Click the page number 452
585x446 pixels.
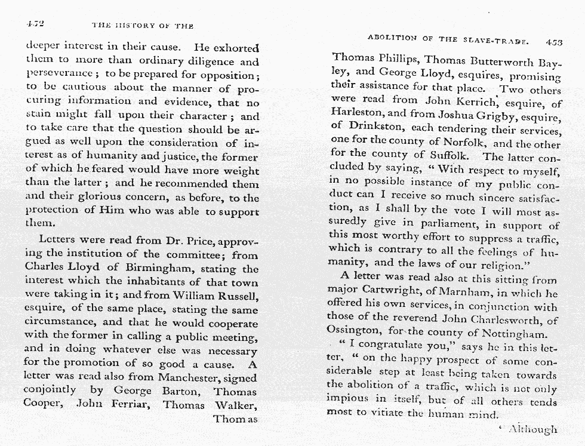click(x=36, y=24)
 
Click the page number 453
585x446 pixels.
click(x=554, y=42)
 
